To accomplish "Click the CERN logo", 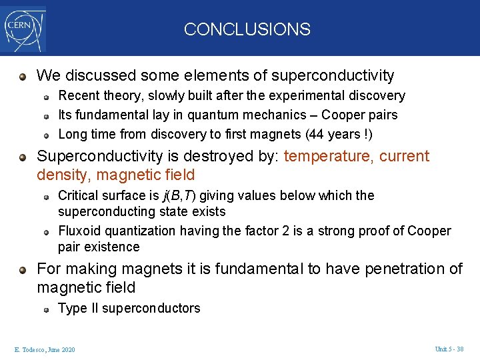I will pyautogui.click(x=24, y=29).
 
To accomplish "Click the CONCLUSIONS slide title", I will pyautogui.click(x=247, y=29).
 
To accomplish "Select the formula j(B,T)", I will pyautogui.click(x=180, y=195).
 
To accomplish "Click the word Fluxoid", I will pyautogui.click(x=79, y=231).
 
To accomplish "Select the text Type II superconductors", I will pyautogui.click(x=129, y=308).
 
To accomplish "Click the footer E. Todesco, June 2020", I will pyautogui.click(x=45, y=350).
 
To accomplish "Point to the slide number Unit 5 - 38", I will pyautogui.click(x=449, y=349).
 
